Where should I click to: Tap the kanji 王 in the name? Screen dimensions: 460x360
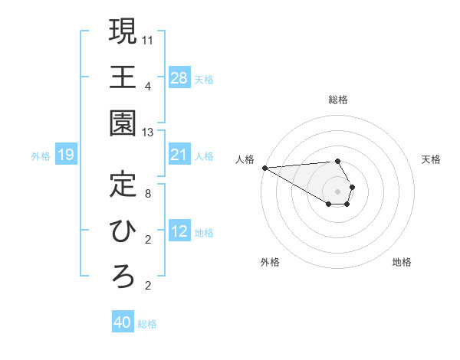[123, 77]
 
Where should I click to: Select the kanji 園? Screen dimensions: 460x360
[123, 123]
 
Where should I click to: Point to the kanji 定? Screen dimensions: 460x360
[123, 185]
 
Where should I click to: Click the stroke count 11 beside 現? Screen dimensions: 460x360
[149, 38]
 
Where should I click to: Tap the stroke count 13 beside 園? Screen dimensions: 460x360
[149, 132]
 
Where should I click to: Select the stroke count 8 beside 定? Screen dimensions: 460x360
[149, 193]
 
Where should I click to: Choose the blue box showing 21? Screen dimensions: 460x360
[179, 155]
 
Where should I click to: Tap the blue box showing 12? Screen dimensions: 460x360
[179, 231]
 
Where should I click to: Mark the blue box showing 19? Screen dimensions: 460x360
[66, 155]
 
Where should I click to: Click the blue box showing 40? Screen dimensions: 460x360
[123, 322]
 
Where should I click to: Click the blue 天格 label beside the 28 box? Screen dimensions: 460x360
[204, 79]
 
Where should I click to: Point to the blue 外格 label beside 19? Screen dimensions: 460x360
[41, 156]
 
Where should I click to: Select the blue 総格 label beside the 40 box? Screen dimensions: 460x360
[147, 324]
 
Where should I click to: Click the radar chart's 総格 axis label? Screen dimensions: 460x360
[338, 100]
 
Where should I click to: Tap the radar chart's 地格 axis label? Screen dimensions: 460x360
[402, 262]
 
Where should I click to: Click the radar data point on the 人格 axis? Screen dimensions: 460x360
[264, 168]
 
